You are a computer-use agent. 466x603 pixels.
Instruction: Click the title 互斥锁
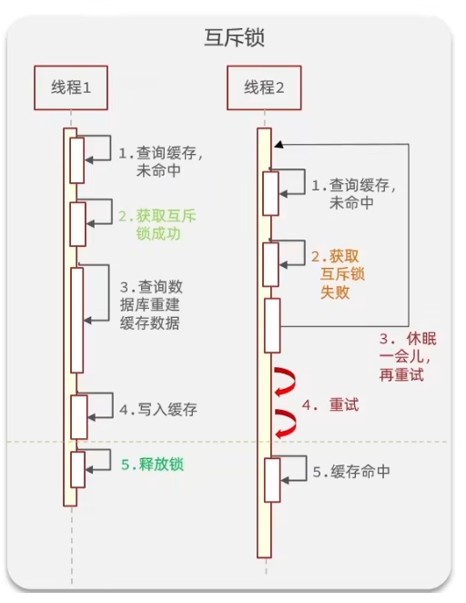(233, 38)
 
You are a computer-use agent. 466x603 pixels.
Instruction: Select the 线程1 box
(70, 87)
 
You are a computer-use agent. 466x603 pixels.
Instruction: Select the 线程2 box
(264, 87)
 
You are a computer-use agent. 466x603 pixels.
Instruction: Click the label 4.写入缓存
(157, 410)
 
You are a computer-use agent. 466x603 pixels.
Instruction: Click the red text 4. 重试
(330, 404)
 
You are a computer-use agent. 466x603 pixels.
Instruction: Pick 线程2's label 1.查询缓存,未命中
(354, 193)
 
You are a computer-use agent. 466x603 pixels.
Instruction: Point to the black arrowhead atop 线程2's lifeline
(278, 144)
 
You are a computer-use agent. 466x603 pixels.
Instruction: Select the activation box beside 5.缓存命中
(271, 479)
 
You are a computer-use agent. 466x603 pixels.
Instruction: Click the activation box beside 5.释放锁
(78, 468)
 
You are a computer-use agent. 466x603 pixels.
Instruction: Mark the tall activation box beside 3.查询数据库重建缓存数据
(77, 319)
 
